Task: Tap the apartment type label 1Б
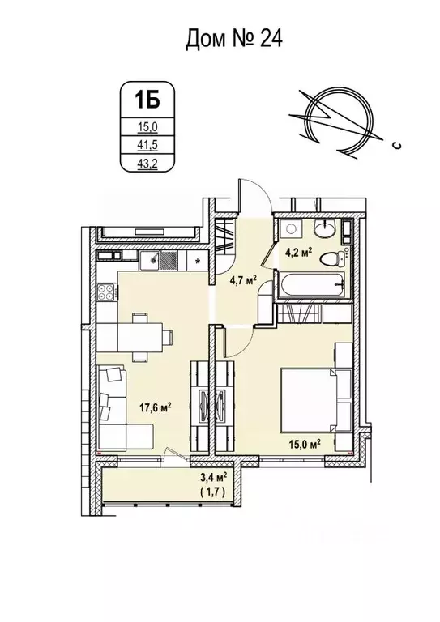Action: (138, 102)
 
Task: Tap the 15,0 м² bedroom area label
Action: (305, 444)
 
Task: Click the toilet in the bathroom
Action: (332, 260)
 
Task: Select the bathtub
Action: (311, 285)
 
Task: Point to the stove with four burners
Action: (106, 293)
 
